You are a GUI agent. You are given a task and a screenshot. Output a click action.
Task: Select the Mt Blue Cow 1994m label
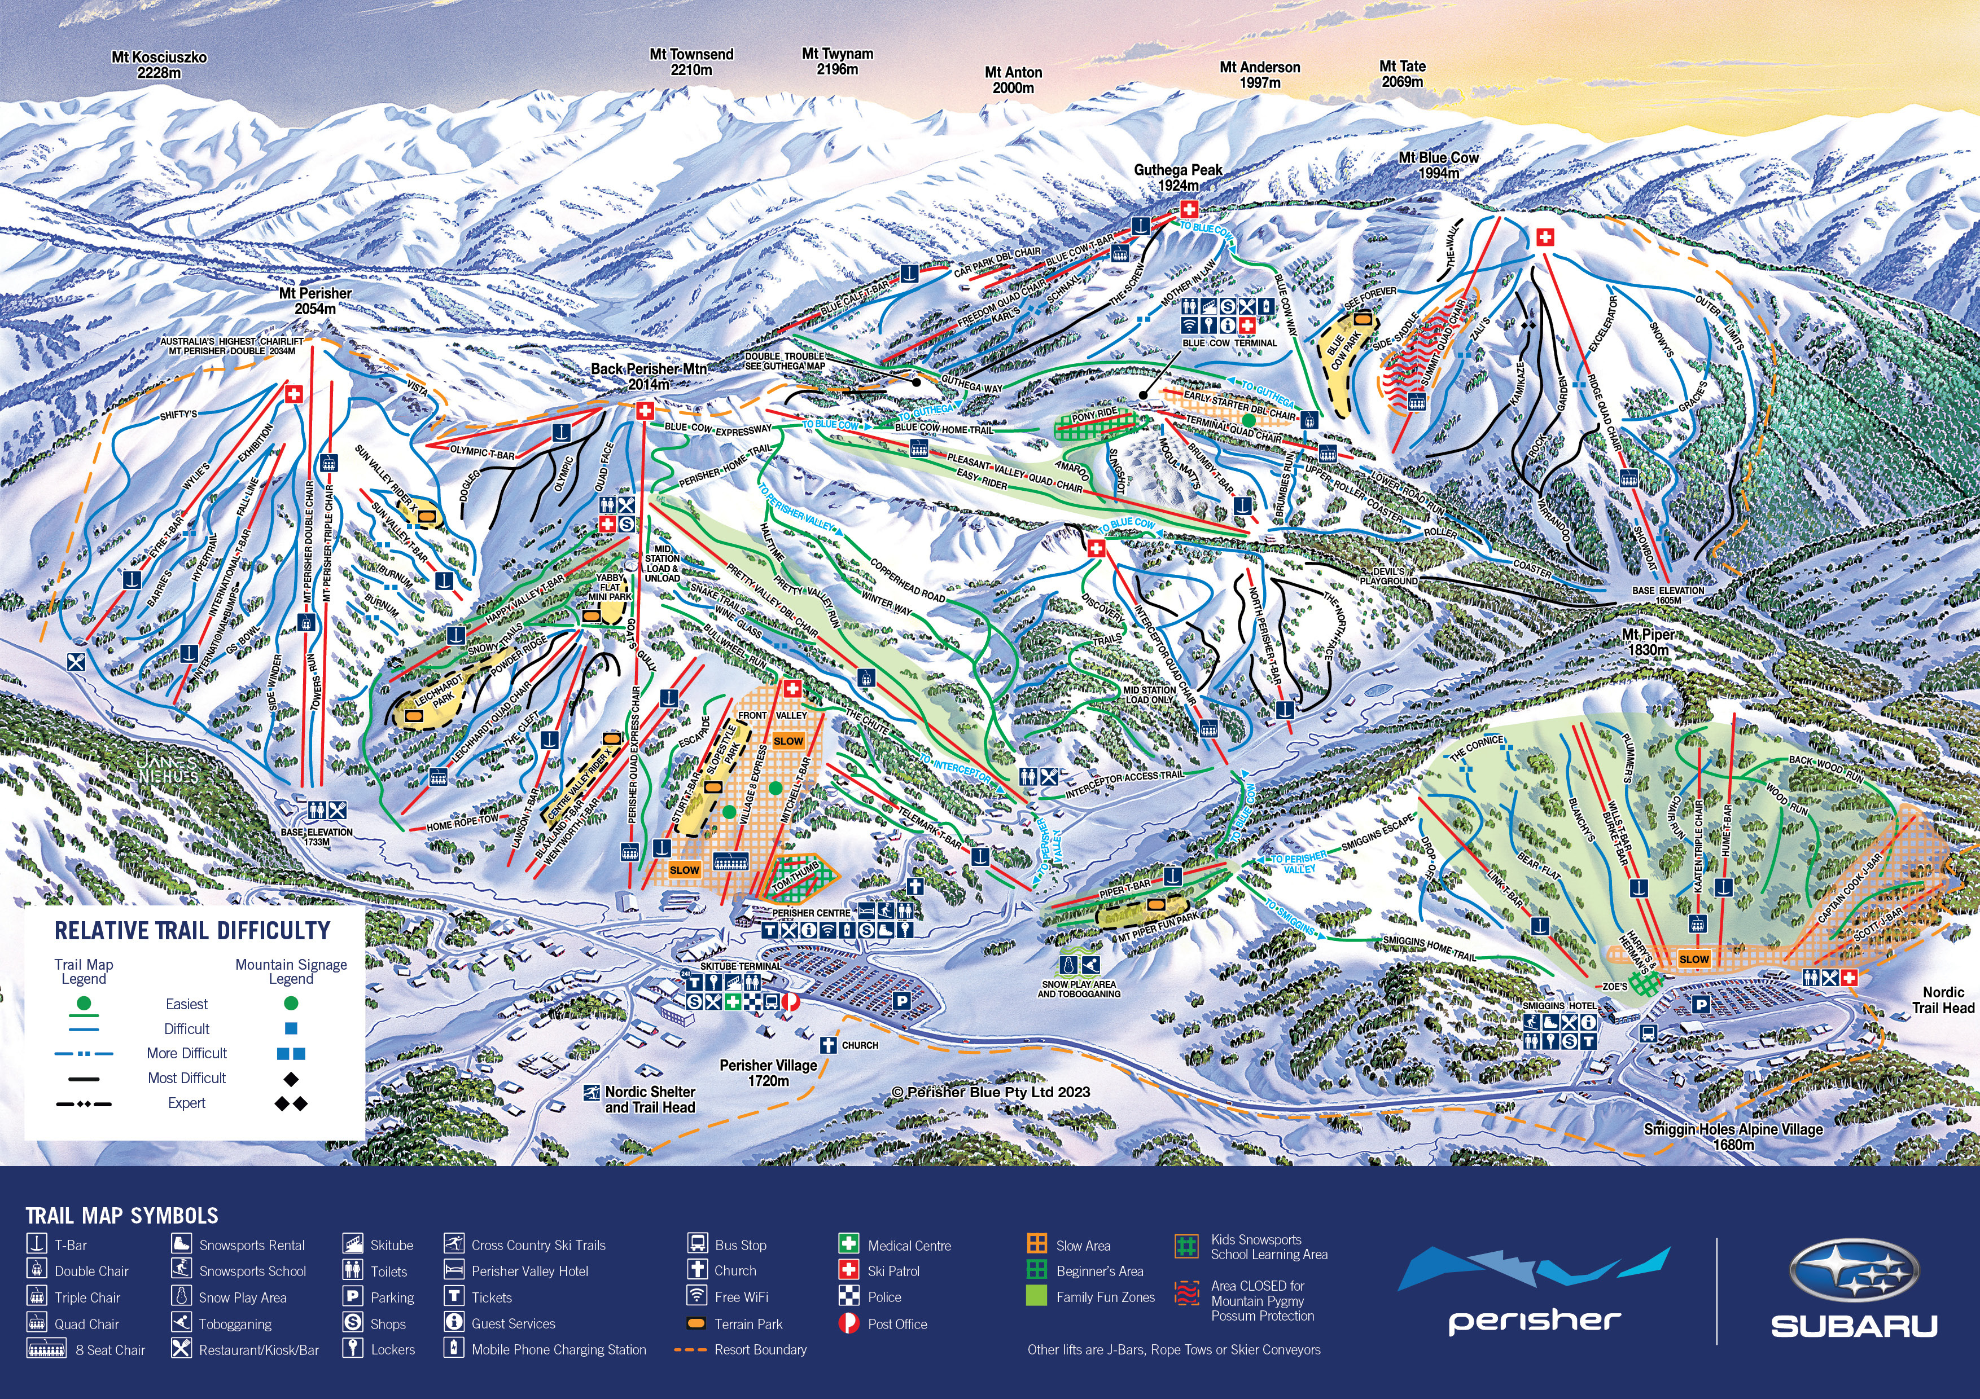(1438, 165)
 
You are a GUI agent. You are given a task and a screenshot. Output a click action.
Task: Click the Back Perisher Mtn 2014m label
(649, 376)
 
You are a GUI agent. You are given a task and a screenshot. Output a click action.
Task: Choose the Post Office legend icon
(848, 1323)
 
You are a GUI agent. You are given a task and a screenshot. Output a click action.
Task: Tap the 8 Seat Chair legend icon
(47, 1350)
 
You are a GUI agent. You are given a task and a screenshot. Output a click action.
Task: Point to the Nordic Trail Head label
(1942, 1000)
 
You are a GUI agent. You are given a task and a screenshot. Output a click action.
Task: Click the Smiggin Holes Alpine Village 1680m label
(1733, 1137)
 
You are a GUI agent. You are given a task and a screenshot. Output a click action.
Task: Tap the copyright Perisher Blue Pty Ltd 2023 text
(991, 1092)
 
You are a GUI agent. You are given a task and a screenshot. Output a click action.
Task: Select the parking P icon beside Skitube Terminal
(901, 1000)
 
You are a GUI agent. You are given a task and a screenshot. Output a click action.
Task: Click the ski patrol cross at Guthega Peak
(1188, 209)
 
